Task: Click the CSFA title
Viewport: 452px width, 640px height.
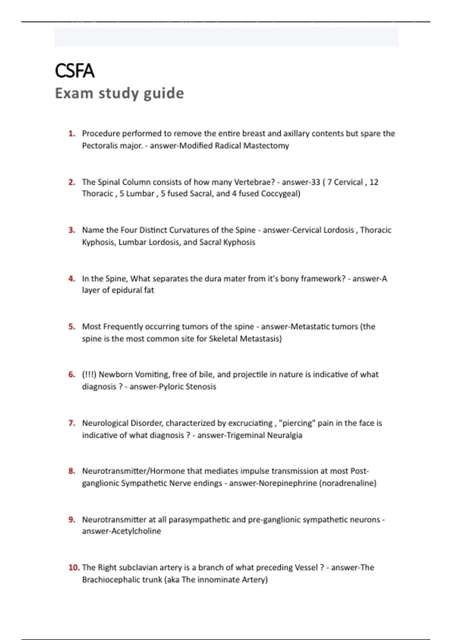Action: coord(75,71)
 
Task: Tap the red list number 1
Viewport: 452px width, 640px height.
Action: coord(72,134)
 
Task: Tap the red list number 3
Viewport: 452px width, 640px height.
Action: coord(72,230)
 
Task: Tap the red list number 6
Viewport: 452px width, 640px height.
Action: coord(72,375)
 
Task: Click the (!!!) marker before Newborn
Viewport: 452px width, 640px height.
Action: coord(89,375)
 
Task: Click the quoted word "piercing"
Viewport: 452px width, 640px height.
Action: coord(296,423)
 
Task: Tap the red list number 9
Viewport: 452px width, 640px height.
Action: coord(72,520)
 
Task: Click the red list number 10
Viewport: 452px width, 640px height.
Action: coord(74,567)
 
